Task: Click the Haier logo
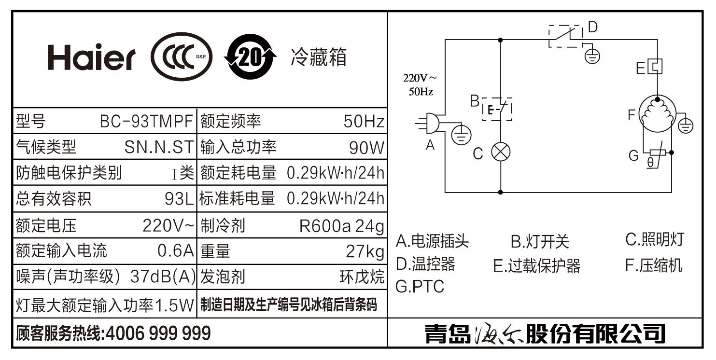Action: (x=91, y=58)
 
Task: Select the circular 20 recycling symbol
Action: (x=250, y=57)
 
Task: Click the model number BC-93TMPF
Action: (x=146, y=121)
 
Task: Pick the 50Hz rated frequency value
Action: (x=364, y=121)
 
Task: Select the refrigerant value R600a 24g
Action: (x=341, y=225)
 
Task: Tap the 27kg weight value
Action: (x=365, y=251)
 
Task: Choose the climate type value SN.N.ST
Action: (x=159, y=147)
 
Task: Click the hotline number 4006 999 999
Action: (x=157, y=333)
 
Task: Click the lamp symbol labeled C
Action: (x=500, y=152)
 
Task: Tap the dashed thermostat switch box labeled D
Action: (x=566, y=36)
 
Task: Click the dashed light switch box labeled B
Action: (x=497, y=110)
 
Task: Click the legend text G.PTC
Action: (x=420, y=287)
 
